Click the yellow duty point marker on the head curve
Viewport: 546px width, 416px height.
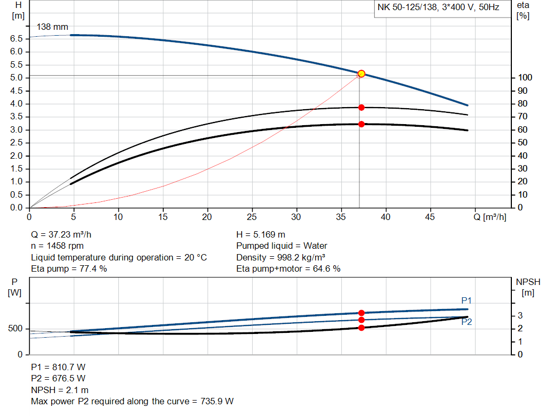point(361,74)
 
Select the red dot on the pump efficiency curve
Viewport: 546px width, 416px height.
point(361,108)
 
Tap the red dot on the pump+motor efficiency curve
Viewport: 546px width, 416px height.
point(361,124)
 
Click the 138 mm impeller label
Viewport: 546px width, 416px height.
point(52,27)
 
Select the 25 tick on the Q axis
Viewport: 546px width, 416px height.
point(252,217)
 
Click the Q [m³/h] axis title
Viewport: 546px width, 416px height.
point(490,217)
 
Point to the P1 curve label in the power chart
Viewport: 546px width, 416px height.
point(466,301)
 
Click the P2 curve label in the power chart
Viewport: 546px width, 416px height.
point(466,322)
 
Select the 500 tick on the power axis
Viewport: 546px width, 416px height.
point(14,329)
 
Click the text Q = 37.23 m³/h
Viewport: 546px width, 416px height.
point(65,234)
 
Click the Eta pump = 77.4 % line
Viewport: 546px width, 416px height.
point(69,268)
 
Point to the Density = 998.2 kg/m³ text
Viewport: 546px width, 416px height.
point(281,257)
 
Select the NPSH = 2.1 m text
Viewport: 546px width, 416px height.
point(60,390)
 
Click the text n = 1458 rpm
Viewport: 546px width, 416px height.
point(57,246)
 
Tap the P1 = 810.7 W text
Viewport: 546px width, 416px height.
point(58,367)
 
